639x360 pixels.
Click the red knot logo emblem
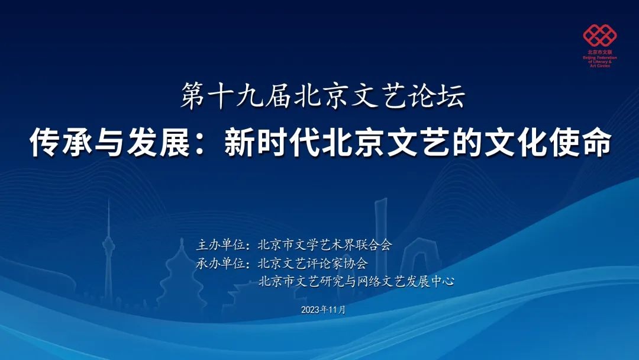pyautogui.click(x=599, y=36)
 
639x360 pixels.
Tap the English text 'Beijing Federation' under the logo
pyautogui.click(x=600, y=58)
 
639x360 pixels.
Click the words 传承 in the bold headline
pyautogui.click(x=61, y=143)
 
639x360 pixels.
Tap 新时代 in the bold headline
pyautogui.click(x=272, y=143)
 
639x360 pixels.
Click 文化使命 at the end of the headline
pyautogui.click(x=547, y=143)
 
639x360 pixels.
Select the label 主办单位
pyautogui.click(x=221, y=245)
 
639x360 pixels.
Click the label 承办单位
pyautogui.click(x=221, y=263)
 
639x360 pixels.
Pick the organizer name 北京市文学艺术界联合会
pyautogui.click(x=325, y=245)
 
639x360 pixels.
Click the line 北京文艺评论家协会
pyautogui.click(x=313, y=263)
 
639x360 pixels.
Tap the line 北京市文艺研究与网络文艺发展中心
pyautogui.click(x=356, y=281)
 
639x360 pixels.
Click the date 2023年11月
pyautogui.click(x=323, y=310)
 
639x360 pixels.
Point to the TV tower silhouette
pyautogui.click(x=109, y=253)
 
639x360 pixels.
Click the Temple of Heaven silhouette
pyautogui.click(x=182, y=277)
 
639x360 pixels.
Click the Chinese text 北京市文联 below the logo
pyautogui.click(x=600, y=53)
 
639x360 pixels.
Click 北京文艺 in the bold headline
pyautogui.click(x=385, y=143)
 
